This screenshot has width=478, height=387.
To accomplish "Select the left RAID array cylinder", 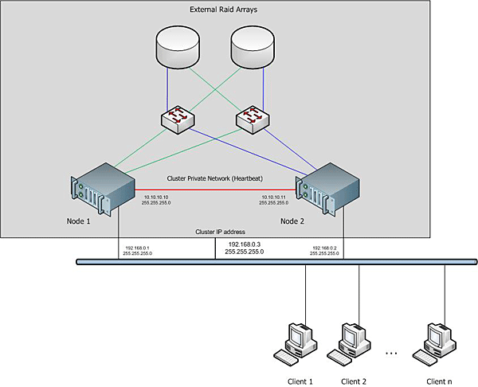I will (182, 46).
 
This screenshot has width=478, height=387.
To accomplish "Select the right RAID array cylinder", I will (256, 46).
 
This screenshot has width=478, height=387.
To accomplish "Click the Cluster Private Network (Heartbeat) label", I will (217, 179).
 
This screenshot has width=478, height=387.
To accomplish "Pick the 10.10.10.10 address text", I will (157, 197).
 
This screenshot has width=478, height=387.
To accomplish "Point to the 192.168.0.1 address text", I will (138, 248).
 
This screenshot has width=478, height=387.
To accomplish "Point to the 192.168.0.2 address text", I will (326, 248).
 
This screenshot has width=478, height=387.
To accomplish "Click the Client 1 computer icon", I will (299, 341).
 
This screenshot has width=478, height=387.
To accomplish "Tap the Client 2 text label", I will (354, 381).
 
